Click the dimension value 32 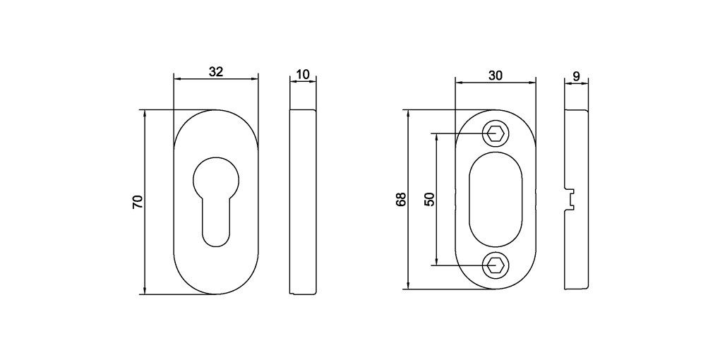point(216,71)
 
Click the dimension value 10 point(304,74)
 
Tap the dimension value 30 point(496,76)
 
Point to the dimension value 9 point(576,76)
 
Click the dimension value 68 point(402,200)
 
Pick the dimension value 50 point(428,199)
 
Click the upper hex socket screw point(496,133)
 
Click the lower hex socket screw point(496,265)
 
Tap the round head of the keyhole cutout point(216,176)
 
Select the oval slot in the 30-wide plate point(496,199)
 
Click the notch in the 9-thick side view point(570,199)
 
